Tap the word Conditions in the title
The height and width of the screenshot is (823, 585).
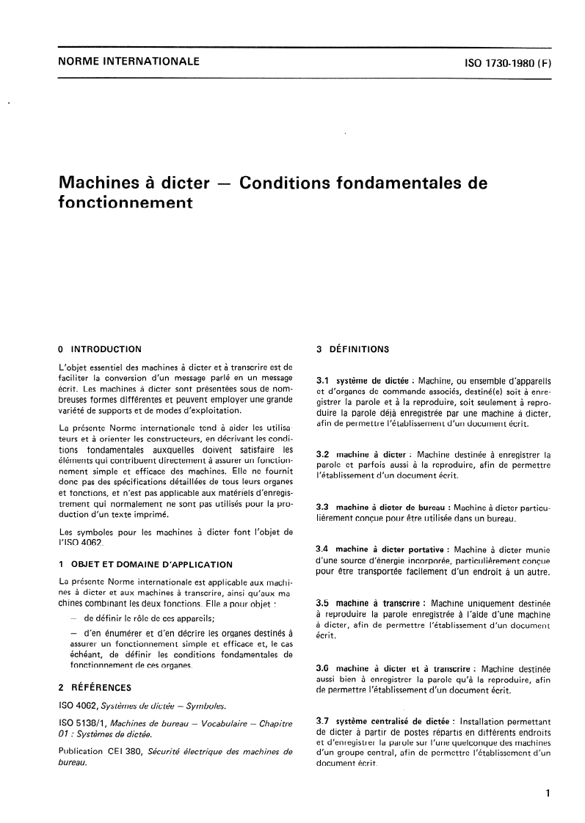click(284, 182)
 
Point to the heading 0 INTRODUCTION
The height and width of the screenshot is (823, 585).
click(99, 349)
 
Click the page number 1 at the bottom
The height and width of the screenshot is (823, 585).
click(548, 793)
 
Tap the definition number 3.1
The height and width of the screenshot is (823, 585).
click(322, 381)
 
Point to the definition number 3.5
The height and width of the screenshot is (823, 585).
click(322, 603)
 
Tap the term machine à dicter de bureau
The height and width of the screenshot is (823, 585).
click(392, 507)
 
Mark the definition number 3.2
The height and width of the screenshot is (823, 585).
click(322, 455)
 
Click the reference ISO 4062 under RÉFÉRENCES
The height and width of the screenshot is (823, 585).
click(76, 706)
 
